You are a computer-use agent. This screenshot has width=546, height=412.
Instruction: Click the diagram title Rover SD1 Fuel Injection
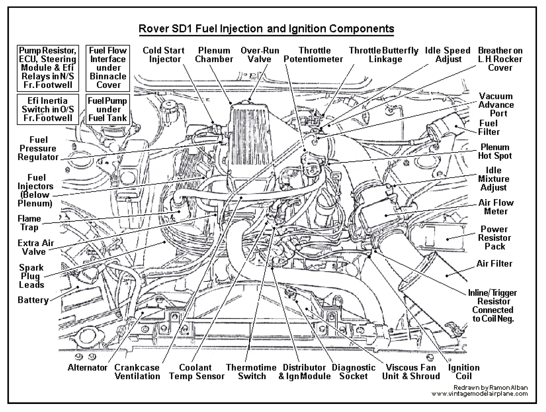coord(266,28)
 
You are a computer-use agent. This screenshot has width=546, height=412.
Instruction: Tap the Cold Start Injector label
coord(164,55)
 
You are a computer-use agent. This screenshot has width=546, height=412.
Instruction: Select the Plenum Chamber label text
coord(214,55)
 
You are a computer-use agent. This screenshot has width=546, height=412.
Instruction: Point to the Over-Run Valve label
coord(260,55)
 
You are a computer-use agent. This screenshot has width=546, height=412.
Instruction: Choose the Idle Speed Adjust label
coord(448,55)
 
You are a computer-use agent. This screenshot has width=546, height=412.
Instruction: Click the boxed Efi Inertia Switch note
coord(48,109)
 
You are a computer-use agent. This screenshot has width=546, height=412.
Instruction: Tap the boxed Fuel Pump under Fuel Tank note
coord(108,109)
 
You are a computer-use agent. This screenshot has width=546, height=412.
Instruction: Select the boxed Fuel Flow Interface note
coord(108,68)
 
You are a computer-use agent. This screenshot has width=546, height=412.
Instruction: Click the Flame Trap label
coord(29,223)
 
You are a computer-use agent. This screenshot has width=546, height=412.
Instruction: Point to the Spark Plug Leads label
coord(32,276)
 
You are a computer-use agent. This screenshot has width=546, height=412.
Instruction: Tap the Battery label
coord(33,300)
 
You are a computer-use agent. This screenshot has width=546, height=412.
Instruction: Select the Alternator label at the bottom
coord(88,368)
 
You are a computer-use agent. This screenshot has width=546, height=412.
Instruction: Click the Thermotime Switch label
coord(251,372)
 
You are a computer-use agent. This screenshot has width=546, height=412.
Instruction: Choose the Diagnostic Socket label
coord(353,372)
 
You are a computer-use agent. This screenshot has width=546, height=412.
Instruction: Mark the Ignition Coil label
coord(464,372)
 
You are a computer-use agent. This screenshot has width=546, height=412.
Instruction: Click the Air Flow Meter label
coord(496,207)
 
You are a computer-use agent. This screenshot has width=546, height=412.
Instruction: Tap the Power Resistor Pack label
coord(494,238)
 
